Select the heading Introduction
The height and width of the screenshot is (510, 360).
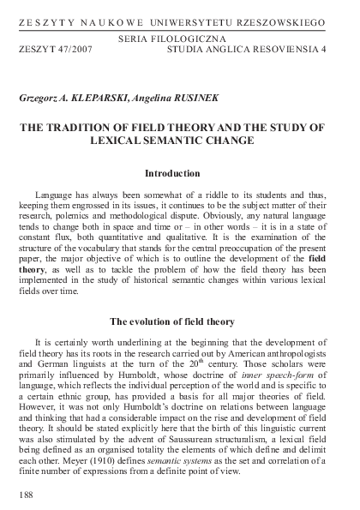179,173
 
